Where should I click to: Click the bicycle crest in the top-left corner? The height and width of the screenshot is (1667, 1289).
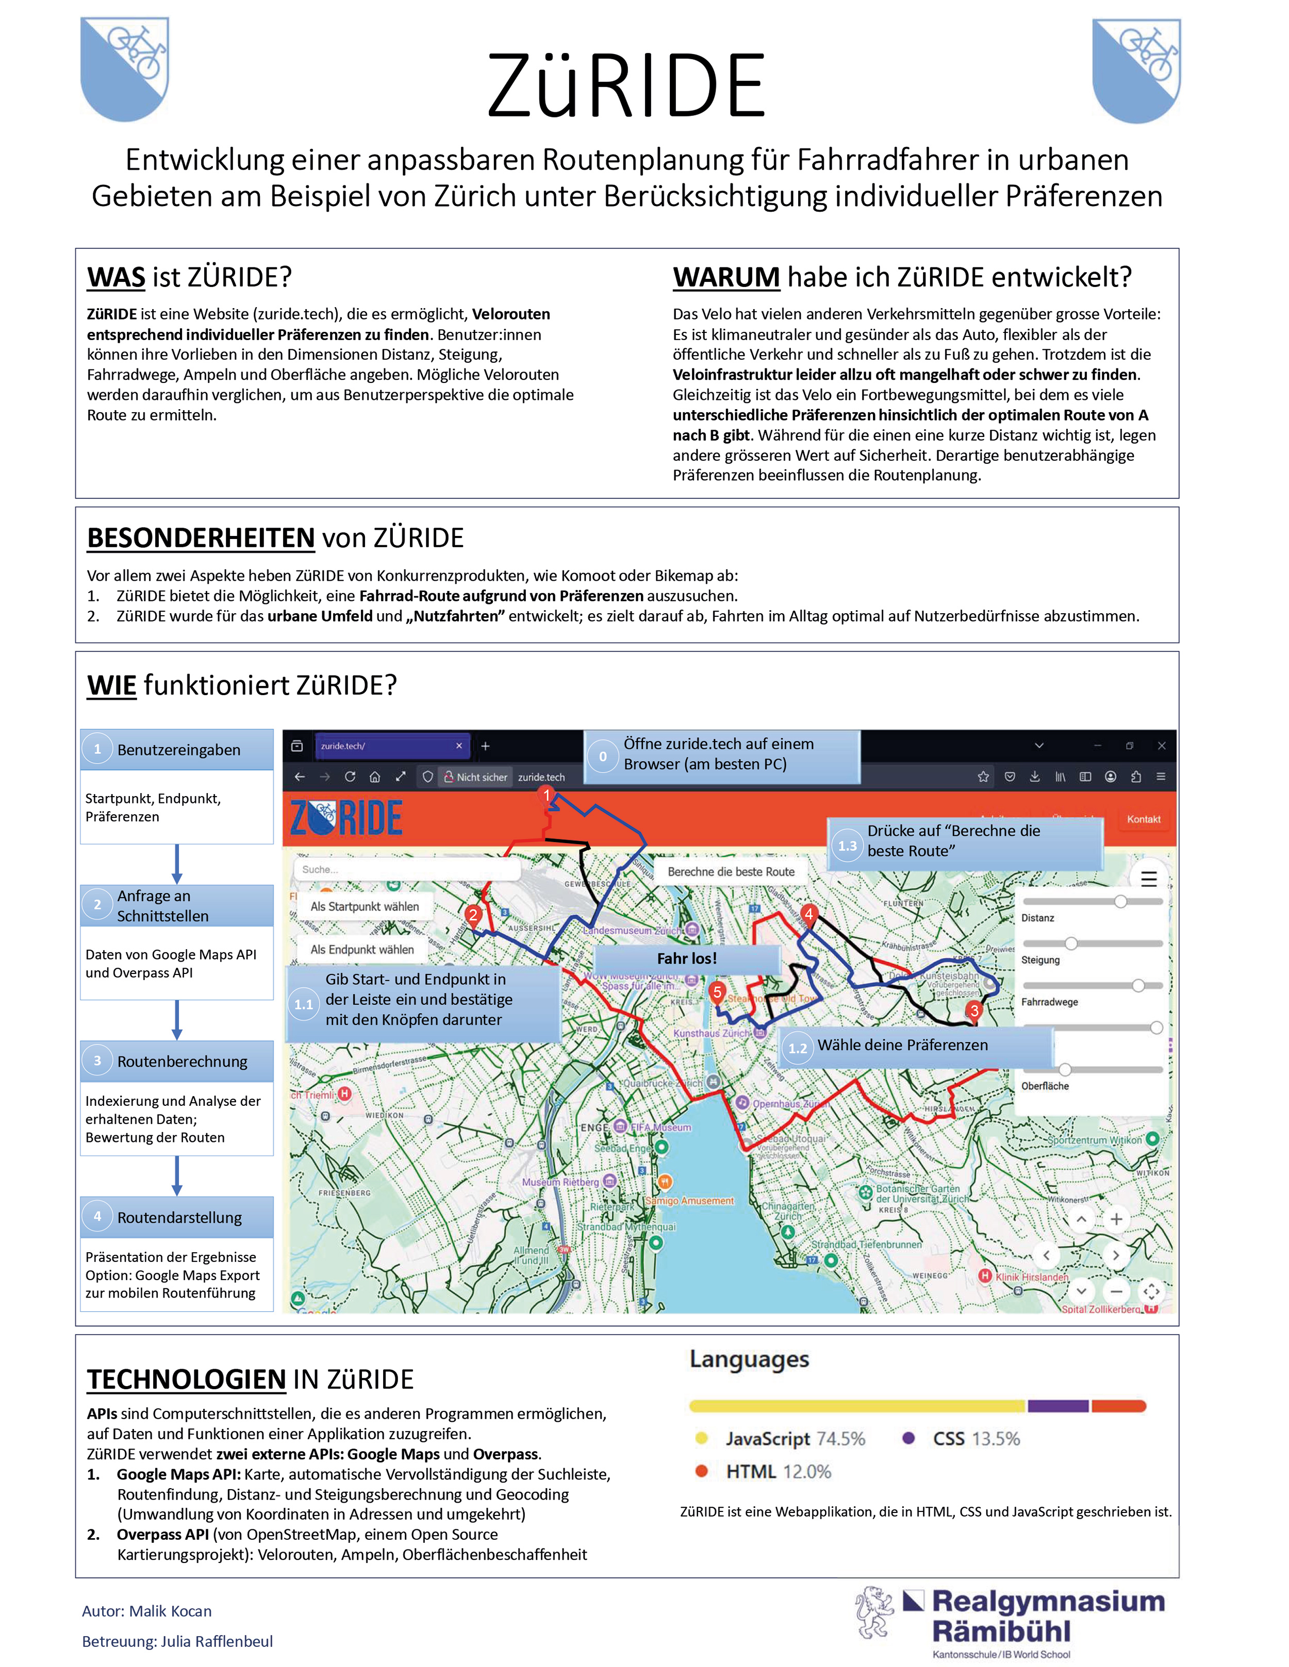[x=124, y=69]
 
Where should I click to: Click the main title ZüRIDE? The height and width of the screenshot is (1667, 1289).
[x=626, y=86]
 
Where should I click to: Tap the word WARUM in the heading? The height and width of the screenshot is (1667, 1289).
[x=725, y=277]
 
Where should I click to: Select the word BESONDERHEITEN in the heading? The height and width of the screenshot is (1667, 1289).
[x=201, y=538]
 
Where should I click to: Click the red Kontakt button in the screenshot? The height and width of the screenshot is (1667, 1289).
[x=1143, y=819]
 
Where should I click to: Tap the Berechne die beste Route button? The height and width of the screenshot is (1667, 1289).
[x=731, y=872]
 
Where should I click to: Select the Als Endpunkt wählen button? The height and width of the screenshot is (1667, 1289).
[x=362, y=950]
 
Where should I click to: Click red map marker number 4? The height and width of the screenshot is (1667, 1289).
[x=808, y=914]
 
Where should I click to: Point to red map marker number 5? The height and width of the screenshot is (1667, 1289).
[x=716, y=992]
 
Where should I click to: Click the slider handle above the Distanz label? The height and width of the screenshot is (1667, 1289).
[x=1120, y=901]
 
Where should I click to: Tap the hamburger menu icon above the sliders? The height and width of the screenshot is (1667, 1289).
[x=1148, y=879]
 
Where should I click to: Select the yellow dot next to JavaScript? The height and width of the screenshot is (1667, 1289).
[x=702, y=1439]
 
